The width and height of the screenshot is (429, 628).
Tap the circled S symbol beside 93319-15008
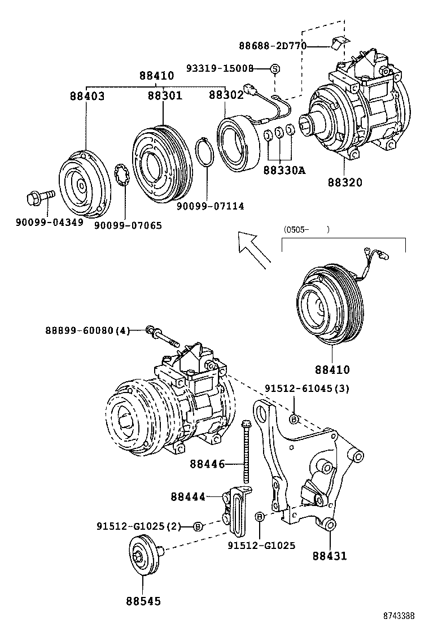[275, 68]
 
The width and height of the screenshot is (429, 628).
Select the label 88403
[87, 97]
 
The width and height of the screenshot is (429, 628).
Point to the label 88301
[165, 96]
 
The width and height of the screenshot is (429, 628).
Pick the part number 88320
[344, 182]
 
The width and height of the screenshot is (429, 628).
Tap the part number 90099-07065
[128, 225]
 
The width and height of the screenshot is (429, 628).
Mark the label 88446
[207, 464]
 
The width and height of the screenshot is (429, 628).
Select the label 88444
[188, 496]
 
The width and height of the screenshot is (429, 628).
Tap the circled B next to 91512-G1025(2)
[198, 526]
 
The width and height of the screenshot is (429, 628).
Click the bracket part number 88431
[330, 556]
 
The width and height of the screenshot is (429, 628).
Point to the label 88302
[226, 96]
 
